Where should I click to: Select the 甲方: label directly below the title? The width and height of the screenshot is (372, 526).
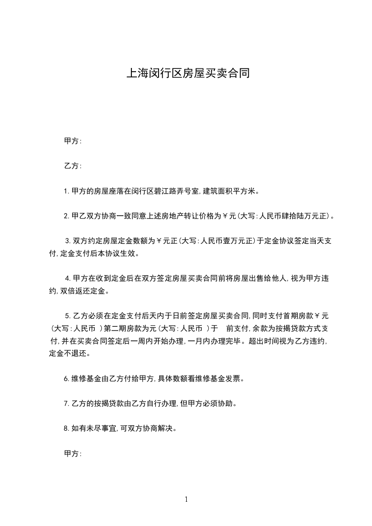[x=73, y=141]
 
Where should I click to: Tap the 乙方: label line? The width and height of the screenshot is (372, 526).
[x=73, y=166]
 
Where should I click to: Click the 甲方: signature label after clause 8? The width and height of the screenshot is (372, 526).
[x=73, y=454]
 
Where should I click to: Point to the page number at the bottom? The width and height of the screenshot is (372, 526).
[x=186, y=499]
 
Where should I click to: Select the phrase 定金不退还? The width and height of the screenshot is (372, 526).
[x=68, y=353]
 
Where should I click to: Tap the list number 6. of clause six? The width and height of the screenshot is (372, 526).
[x=66, y=378]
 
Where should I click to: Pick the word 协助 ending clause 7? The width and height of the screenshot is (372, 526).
[x=225, y=404]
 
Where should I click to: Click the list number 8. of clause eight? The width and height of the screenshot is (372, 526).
[x=66, y=428]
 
